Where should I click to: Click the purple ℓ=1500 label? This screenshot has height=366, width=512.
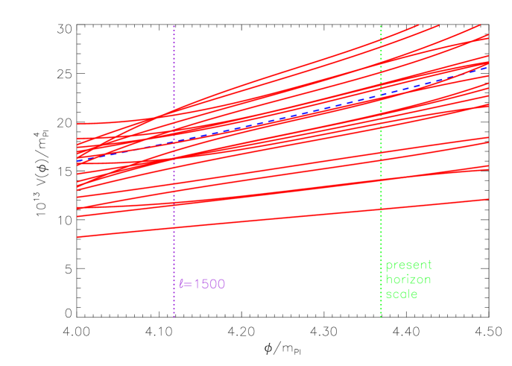tap(202, 284)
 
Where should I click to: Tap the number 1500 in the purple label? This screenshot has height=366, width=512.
tap(209, 284)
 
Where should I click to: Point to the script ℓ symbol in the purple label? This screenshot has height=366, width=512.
tap(181, 284)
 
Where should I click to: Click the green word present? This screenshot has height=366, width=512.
tap(408, 265)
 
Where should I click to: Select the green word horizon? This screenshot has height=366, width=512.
tap(408, 279)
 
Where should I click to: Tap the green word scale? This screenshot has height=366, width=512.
tap(402, 294)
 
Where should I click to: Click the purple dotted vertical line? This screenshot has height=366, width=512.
tap(174, 246)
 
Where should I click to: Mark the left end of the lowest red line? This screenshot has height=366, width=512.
tap(78, 236)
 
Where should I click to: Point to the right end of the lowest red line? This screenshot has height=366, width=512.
tap(488, 199)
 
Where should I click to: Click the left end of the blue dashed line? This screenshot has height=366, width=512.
tap(78, 160)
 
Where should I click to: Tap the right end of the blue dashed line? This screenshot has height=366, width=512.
tap(488, 66)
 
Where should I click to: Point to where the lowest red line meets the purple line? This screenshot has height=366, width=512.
tap(174, 228)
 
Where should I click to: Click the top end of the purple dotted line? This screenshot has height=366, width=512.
tap(174, 26)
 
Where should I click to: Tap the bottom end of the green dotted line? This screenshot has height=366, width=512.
tap(381, 316)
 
